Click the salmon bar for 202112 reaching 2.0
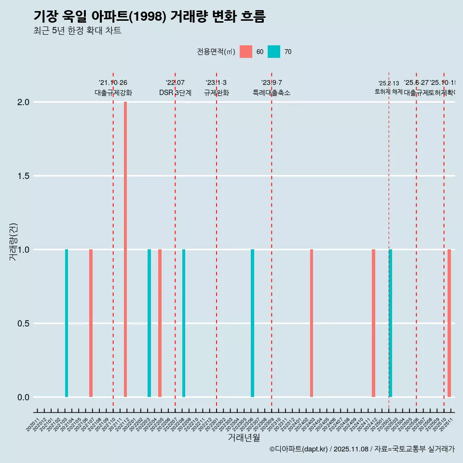click(x=125, y=249)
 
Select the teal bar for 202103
click(x=67, y=323)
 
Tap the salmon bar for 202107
click(x=91, y=323)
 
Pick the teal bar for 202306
click(x=252, y=323)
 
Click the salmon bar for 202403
click(x=312, y=323)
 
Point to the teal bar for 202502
click(x=390, y=323)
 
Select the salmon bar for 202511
click(x=449, y=323)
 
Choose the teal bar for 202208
click(x=184, y=323)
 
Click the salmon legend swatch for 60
click(x=246, y=52)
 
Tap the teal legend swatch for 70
click(x=274, y=52)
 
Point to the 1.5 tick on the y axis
click(x=23, y=176)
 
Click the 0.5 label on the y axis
click(x=23, y=324)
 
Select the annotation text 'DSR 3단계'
click(x=175, y=93)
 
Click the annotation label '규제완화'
click(x=216, y=93)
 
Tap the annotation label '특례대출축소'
click(x=272, y=93)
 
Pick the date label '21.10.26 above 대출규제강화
click(x=113, y=83)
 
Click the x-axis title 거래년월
click(x=244, y=437)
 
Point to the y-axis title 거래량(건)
click(x=13, y=243)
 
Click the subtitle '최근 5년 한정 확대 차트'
click(x=77, y=31)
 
